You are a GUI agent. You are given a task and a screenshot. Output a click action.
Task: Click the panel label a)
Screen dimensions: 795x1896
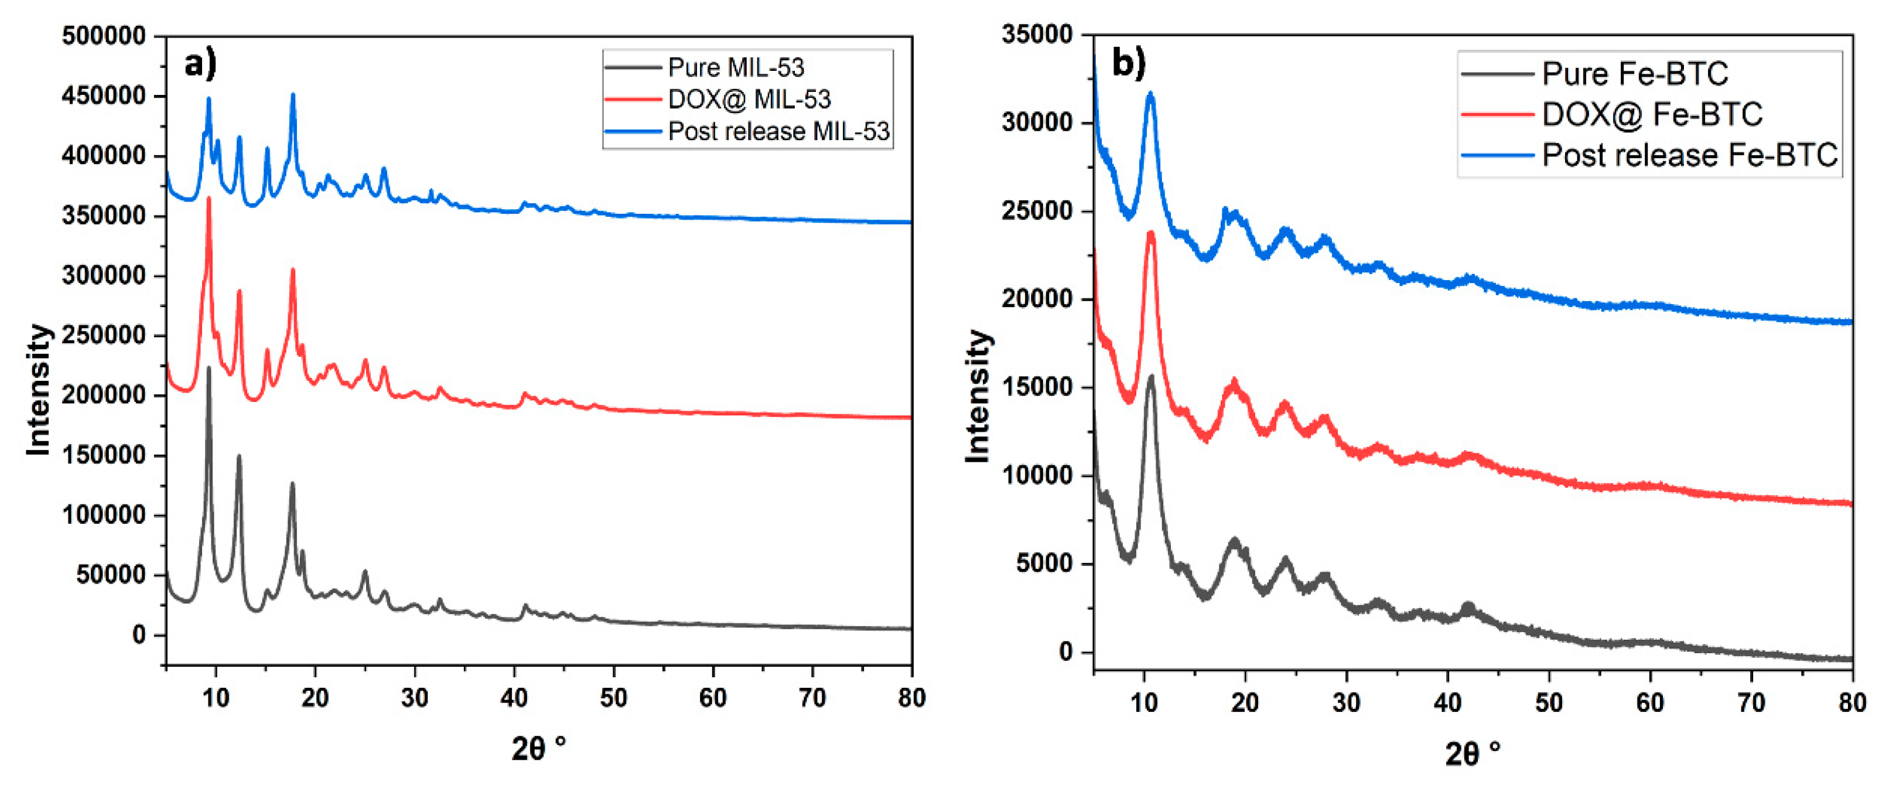200,65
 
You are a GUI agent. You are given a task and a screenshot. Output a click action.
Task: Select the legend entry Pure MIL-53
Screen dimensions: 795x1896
735,68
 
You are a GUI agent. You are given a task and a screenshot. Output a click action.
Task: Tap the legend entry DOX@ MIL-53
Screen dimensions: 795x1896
749,100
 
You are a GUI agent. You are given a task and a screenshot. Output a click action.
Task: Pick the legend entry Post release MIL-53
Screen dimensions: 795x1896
778,132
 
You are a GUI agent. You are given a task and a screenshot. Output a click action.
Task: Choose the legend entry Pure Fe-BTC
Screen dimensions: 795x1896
1635,74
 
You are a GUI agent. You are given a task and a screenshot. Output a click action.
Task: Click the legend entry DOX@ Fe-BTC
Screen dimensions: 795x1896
1652,114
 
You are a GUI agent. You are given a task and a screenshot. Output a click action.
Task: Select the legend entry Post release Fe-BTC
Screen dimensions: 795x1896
1689,155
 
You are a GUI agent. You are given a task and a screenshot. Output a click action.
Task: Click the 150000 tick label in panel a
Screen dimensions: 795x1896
104,455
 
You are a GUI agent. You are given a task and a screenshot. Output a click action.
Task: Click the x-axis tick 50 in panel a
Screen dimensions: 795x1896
613,698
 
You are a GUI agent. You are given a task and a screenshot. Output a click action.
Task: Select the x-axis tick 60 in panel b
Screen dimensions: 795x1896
1649,703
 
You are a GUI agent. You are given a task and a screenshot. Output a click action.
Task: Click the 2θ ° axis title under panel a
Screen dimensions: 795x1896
539,749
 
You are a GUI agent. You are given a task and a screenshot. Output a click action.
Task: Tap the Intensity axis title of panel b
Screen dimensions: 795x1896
978,397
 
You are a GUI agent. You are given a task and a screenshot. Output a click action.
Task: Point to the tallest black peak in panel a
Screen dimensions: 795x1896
209,368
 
